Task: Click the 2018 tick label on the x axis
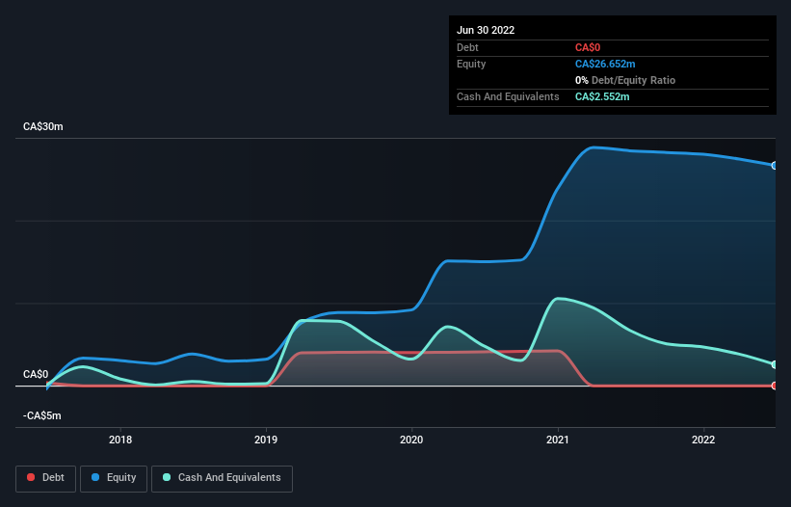120,440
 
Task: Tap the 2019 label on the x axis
267,440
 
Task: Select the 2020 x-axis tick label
412,440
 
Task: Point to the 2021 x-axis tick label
559,440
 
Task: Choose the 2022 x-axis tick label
704,440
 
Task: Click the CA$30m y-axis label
42,127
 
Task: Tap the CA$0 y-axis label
36,374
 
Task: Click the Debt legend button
45,477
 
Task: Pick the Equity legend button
114,477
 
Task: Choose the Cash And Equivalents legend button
222,477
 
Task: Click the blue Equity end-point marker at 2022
775,166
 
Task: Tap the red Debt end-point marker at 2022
775,386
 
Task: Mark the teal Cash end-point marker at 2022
775,364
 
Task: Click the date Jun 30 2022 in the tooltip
486,30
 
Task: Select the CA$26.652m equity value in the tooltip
605,64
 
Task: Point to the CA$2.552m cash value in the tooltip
602,96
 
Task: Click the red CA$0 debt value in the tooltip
589,47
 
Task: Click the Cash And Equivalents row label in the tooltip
508,96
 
